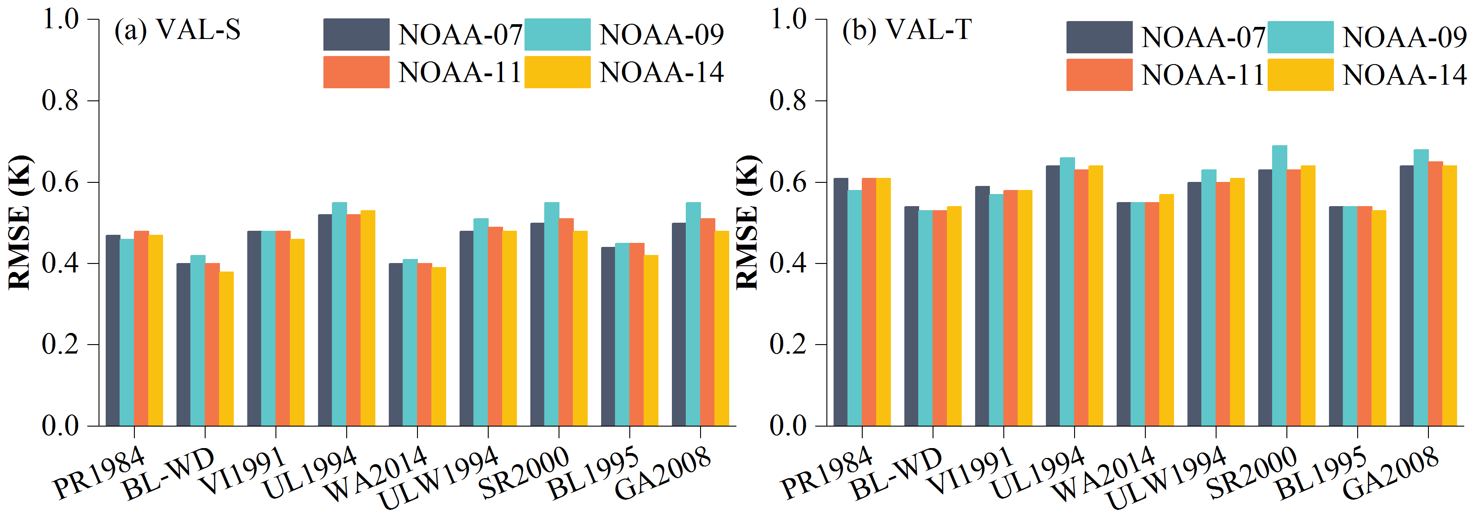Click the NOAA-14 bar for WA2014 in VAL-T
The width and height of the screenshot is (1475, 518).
click(1166, 310)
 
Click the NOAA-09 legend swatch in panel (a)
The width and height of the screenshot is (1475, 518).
click(557, 35)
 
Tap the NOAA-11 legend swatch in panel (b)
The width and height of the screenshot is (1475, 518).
click(1099, 74)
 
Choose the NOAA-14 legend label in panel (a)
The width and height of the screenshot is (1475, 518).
click(661, 73)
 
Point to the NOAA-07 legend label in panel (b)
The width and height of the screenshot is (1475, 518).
click(1203, 38)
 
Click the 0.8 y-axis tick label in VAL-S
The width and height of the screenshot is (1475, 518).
click(60, 101)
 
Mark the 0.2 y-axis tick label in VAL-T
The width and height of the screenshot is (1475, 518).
click(788, 345)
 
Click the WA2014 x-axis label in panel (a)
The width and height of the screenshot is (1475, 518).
click(376, 473)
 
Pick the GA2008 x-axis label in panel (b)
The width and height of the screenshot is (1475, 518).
click(1390, 473)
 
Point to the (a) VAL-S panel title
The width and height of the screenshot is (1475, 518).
click(177, 30)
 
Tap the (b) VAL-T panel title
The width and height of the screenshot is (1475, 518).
click(907, 30)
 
